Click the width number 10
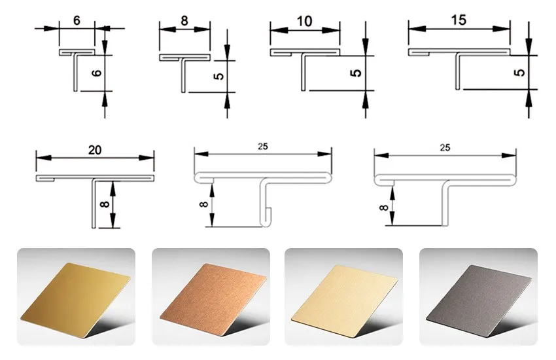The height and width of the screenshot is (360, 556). click(304, 22)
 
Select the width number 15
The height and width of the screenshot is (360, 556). click(459, 20)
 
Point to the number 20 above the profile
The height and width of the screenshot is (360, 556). click(95, 150)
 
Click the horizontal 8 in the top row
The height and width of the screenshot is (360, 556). click(184, 21)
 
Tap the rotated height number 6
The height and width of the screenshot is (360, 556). click(97, 73)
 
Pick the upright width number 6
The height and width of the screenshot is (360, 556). click(77, 21)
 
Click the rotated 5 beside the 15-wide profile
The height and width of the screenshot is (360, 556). click(519, 73)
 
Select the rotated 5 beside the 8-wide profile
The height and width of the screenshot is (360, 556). click(220, 76)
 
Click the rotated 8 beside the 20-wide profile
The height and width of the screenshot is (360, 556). click(105, 205)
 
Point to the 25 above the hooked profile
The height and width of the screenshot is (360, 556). click(263, 146)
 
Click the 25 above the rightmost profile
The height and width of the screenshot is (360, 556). click(445, 147)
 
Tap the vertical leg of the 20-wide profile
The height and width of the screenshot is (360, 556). click(94, 204)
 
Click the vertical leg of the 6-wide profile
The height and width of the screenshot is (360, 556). click(75, 71)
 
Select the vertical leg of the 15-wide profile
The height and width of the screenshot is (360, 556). click(457, 71)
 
